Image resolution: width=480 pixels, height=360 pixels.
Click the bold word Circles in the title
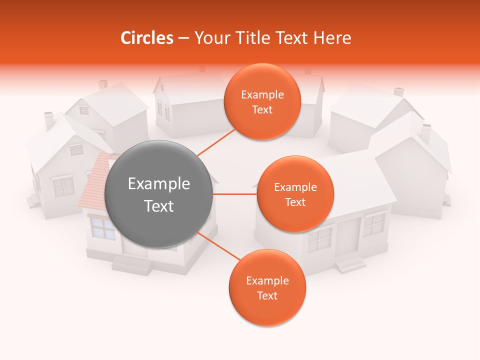click(146, 38)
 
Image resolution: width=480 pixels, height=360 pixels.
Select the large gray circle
click(159, 194)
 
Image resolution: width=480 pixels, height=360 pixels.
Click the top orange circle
click(262, 102)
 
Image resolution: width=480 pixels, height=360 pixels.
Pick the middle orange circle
click(295, 194)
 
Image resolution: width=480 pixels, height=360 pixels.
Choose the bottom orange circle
click(267, 287)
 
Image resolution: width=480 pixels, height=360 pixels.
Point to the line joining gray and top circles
click(216, 142)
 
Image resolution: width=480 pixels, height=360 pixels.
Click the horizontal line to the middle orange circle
click(234, 194)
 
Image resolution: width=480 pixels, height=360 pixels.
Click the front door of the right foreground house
click(348, 235)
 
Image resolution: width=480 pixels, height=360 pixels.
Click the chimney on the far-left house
click(49, 120)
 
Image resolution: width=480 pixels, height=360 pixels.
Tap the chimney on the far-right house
click(425, 133)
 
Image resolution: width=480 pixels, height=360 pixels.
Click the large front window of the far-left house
click(63, 187)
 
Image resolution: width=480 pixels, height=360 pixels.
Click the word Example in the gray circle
click(159, 184)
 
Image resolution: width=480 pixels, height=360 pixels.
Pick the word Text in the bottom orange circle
click(267, 295)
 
